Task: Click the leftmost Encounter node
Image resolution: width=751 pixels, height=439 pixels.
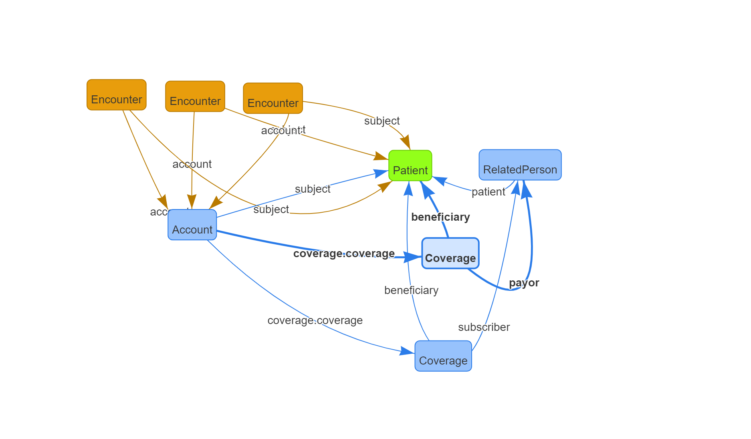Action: pos(117,95)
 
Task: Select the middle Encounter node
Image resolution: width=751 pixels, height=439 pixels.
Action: pos(195,97)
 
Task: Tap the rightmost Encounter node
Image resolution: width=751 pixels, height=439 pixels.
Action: pos(273,99)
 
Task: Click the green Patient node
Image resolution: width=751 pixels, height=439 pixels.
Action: pos(410,166)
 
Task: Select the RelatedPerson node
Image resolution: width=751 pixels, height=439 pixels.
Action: pos(520,165)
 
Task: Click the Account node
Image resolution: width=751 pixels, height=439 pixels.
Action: pos(192,225)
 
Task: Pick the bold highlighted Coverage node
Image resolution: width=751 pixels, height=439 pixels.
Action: pos(450,254)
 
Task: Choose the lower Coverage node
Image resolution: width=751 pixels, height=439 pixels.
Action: pos(443,356)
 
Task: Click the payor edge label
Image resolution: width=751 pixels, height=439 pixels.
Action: pos(524,283)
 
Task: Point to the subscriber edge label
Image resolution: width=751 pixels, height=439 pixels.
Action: pos(484,327)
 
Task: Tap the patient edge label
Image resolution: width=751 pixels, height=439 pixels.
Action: pos(489,192)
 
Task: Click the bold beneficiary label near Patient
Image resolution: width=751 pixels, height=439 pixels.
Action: pos(440,217)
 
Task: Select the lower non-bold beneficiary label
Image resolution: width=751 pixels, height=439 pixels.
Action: pos(412,290)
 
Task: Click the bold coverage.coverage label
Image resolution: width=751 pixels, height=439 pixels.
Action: pos(344,254)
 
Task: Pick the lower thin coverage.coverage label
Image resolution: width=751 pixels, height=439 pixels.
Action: pos(315,320)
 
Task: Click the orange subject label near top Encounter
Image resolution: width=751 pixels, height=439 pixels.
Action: pos(382,121)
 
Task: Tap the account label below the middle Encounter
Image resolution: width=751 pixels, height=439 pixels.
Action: pos(192,164)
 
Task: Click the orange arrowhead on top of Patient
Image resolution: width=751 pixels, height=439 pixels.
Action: pos(406,142)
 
